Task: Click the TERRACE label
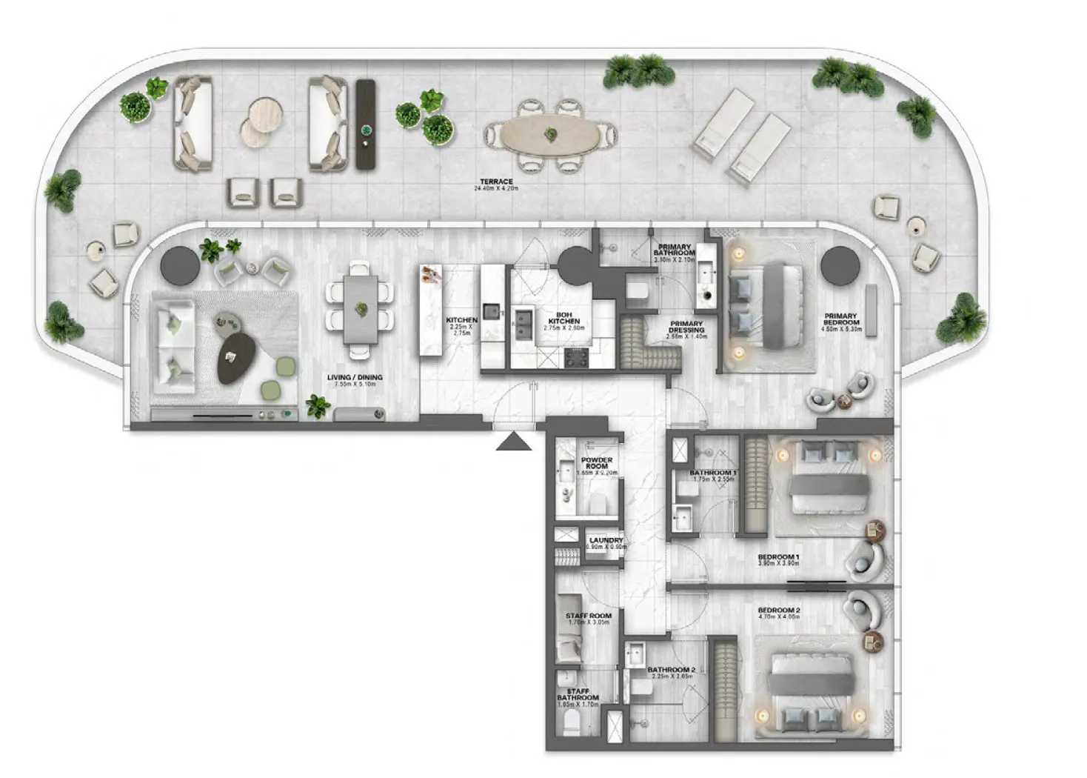[495, 182]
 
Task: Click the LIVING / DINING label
[355, 378]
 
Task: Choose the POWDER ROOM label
[596, 463]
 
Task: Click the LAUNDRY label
[606, 541]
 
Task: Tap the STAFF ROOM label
[588, 616]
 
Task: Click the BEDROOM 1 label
[777, 557]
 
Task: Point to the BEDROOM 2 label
[778, 611]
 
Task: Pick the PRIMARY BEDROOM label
[840, 319]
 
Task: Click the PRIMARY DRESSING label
[686, 327]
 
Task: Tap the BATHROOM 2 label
[671, 670]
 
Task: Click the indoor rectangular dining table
[361, 307]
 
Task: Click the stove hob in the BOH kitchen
[577, 357]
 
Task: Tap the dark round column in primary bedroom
[840, 265]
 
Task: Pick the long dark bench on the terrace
[366, 124]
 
